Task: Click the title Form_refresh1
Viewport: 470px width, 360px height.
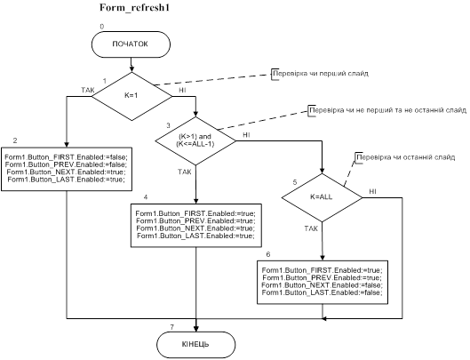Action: click(134, 7)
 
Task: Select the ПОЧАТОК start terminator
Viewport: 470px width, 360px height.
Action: click(131, 44)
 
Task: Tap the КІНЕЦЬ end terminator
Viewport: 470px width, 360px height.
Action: click(195, 344)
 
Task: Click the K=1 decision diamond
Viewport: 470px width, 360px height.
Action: click(131, 96)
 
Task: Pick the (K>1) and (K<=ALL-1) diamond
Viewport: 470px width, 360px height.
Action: click(195, 140)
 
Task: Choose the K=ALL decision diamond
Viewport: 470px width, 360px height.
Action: click(322, 197)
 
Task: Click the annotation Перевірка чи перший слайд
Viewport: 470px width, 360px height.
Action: click(321, 74)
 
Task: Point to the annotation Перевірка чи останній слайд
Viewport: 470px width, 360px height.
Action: click(406, 157)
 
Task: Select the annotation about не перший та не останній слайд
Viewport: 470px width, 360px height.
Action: click(388, 110)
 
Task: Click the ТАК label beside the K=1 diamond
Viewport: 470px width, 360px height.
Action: click(88, 90)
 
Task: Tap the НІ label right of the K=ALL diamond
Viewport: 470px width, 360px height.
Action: click(372, 191)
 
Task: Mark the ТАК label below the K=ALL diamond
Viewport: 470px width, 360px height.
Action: click(311, 228)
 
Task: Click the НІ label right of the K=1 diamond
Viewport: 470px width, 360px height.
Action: click(182, 90)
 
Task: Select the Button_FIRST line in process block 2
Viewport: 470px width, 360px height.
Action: click(67, 157)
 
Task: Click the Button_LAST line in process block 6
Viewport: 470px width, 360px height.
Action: click(323, 292)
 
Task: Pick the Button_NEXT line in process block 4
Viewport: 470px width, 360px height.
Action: click(195, 228)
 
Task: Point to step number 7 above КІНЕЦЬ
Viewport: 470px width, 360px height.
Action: click(171, 327)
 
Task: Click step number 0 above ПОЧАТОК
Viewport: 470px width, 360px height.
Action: click(102, 27)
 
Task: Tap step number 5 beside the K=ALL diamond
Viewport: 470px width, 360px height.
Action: click(295, 182)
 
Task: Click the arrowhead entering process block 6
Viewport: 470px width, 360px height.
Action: click(323, 258)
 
